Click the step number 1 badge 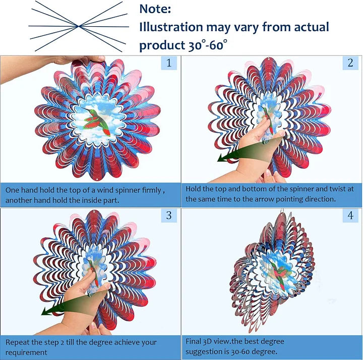(x=169, y=63)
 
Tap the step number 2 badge (x=350, y=63)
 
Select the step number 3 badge (x=169, y=216)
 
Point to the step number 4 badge (x=350, y=216)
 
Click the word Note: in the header (x=155, y=9)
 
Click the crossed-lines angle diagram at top (x=78, y=25)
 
